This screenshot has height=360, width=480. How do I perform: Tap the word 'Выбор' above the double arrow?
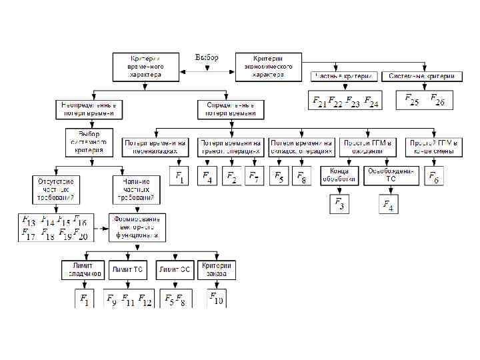pos(207,57)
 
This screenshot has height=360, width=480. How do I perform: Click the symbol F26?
pos(437,100)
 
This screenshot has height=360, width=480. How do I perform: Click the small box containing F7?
pos(254,177)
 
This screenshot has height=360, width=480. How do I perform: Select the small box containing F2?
pos(231,177)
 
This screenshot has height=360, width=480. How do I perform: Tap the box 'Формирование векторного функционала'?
pos(137,227)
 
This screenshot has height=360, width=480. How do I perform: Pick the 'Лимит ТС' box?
pos(128,269)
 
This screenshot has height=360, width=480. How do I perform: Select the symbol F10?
pos(217,298)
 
